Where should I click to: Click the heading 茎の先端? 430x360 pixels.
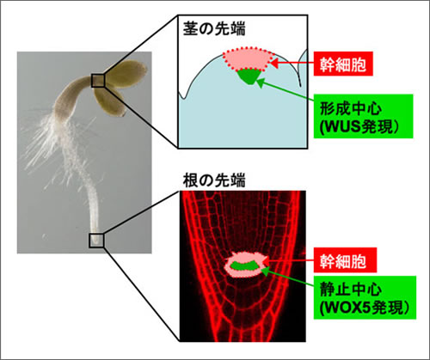click(214, 29)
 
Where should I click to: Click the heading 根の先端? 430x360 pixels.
click(214, 180)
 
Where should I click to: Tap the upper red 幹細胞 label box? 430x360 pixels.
click(343, 64)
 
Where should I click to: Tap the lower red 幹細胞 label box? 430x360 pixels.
click(345, 260)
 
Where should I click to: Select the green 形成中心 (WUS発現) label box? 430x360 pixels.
click(363, 116)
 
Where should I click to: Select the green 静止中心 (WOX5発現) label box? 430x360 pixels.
click(365, 297)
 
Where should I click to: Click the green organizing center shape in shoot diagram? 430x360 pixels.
click(249, 76)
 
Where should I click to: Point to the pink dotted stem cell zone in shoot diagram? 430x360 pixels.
click(248, 59)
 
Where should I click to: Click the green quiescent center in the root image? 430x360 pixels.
click(244, 265)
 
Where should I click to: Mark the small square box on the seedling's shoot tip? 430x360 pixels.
click(98, 80)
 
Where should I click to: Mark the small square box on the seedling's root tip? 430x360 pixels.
click(96, 241)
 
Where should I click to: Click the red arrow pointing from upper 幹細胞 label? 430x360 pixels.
click(292, 64)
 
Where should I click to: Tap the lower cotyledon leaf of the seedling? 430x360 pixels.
click(110, 102)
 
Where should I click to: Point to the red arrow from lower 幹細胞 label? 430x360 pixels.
click(288, 260)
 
